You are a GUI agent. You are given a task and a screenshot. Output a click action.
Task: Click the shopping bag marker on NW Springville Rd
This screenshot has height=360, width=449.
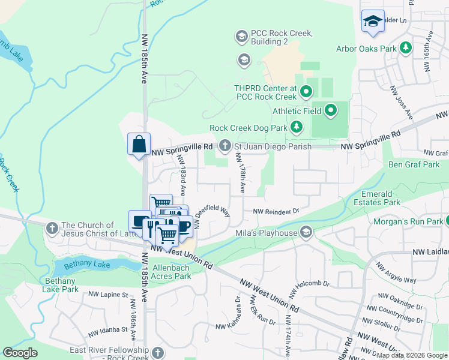139,145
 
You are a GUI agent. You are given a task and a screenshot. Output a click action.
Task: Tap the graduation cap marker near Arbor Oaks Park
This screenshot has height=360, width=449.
373,21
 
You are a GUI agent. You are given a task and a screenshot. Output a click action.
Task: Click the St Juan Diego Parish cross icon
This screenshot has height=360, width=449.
225,146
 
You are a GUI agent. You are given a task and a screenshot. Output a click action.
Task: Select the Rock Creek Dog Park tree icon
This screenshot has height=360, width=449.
296,127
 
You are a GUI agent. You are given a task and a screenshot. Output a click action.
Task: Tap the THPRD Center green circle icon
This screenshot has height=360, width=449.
306,92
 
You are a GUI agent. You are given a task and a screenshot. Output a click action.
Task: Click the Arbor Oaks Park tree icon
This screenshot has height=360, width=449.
406,47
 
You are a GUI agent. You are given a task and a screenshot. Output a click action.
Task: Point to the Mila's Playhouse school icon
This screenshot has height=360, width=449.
306,233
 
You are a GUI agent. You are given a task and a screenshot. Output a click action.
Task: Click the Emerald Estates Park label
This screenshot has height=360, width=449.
381,198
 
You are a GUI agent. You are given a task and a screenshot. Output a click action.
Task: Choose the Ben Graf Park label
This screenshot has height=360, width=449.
414,164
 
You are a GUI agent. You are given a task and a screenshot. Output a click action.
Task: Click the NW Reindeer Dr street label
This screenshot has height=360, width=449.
276,211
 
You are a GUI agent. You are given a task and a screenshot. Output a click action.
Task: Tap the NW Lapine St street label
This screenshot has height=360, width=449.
109,295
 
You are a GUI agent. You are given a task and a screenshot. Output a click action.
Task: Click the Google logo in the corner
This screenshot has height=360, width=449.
20,353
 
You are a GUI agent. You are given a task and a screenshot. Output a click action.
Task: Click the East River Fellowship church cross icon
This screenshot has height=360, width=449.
157,352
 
